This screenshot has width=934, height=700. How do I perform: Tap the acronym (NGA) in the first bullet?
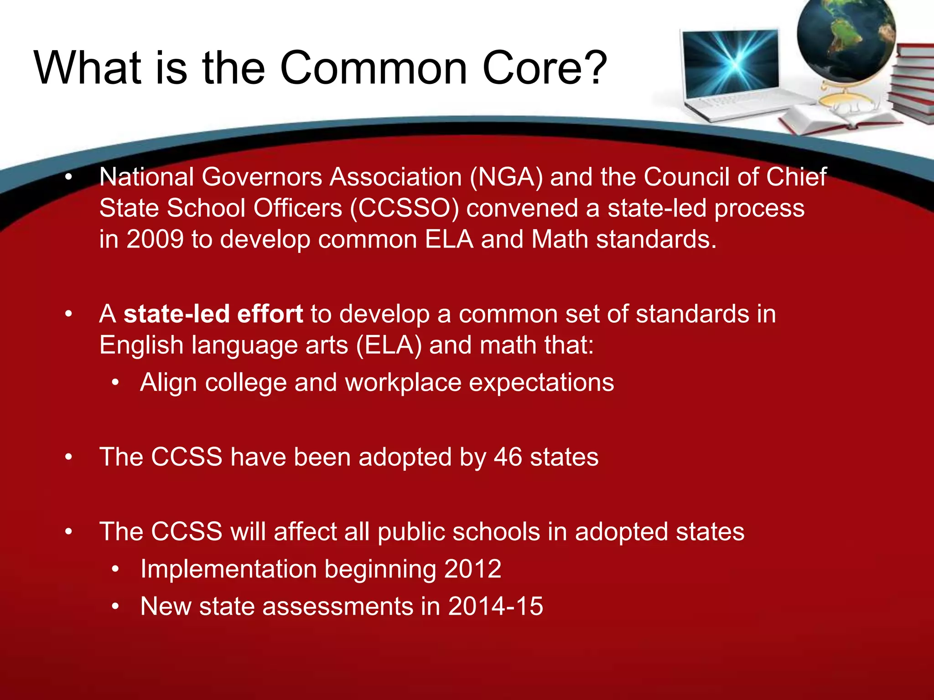pos(506,177)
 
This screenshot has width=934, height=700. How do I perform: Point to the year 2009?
pos(155,239)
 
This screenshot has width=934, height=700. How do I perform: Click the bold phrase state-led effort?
pos(213,314)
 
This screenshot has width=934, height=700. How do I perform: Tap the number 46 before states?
pos(508,457)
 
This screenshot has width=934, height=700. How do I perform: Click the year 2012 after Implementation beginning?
pos(472,569)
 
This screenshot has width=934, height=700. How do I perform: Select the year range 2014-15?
pos(495,606)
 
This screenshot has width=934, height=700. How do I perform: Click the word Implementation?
pos(228,569)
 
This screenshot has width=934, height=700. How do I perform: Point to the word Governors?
pos(262,177)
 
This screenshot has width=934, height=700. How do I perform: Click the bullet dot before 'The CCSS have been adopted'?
pos(68,457)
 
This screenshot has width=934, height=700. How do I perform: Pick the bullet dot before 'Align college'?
pos(116,383)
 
